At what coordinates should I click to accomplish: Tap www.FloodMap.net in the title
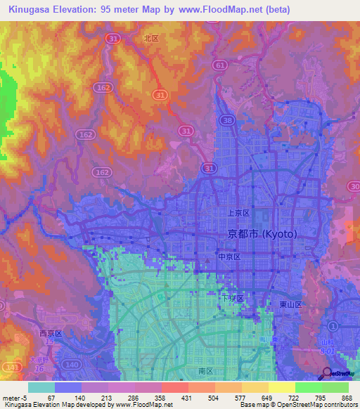pyautogui.click(x=224, y=10)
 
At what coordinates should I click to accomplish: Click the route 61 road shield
pyautogui.click(x=221, y=65)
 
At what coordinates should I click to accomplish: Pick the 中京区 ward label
pyautogui.click(x=229, y=257)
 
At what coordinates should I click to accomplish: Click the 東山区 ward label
pyautogui.click(x=290, y=304)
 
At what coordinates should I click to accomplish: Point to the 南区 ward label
pyautogui.click(x=196, y=369)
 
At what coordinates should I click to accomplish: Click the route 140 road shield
pyautogui.click(x=72, y=365)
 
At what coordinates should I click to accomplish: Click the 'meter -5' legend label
pyautogui.click(x=15, y=398)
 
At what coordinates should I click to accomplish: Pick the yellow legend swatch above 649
pyautogui.click(x=255, y=387)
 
